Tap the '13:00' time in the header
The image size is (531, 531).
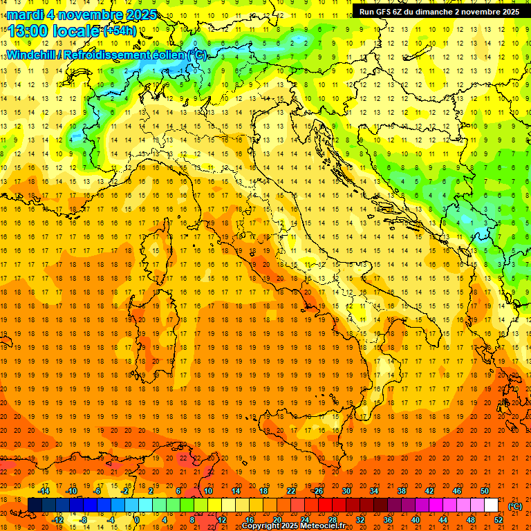click(x=27, y=30)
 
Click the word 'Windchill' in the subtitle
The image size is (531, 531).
click(x=31, y=55)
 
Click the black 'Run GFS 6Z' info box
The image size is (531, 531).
click(x=439, y=11)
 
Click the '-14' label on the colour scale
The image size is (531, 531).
click(x=44, y=491)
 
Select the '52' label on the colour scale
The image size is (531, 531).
click(x=499, y=519)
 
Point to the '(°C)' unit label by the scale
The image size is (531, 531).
click(x=515, y=505)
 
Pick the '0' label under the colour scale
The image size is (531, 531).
click(x=137, y=519)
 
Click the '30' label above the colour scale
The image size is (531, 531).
click(x=346, y=491)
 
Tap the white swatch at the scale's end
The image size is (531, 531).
click(x=491, y=505)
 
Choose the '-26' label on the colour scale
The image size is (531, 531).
click(x=317, y=491)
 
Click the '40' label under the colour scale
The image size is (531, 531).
click(x=415, y=519)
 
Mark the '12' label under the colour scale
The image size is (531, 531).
click(x=221, y=519)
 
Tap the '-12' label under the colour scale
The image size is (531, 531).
click(x=58, y=519)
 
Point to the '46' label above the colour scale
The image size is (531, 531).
click(x=457, y=491)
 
